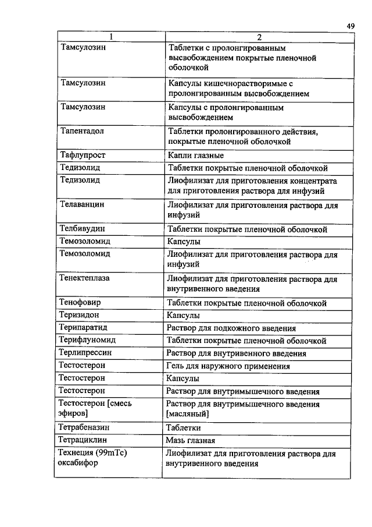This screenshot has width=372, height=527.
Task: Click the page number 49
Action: coord(350,26)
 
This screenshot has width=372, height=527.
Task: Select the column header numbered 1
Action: coord(109,37)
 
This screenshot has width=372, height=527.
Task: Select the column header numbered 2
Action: coord(260,37)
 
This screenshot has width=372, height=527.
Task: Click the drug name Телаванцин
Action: coord(82,205)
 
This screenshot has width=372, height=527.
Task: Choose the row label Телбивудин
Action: coord(82,229)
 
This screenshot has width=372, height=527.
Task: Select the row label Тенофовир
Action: coord(80,303)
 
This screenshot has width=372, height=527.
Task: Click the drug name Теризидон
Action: coord(80,315)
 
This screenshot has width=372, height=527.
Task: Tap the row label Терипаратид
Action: coord(83,328)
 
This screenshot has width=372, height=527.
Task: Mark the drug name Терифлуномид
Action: coord(87,340)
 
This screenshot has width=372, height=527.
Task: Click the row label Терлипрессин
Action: coord(85,353)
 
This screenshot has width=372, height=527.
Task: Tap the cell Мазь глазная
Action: coord(191,440)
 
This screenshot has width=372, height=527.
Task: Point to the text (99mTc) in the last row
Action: coord(112,452)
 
